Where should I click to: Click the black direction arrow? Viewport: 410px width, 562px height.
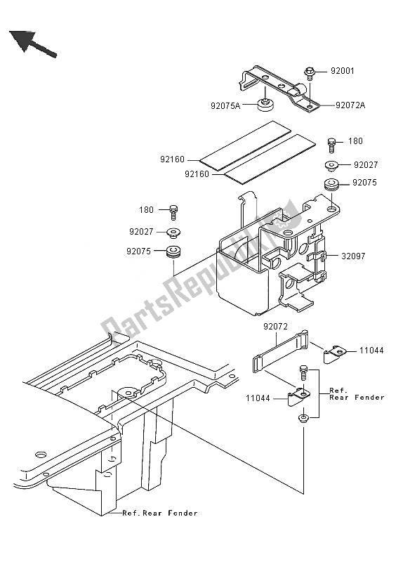click(31, 41)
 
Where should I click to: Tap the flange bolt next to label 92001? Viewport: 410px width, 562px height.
click(309, 71)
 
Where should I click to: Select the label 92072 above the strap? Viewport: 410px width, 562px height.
click(277, 327)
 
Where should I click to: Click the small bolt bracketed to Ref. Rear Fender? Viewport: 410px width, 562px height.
click(303, 370)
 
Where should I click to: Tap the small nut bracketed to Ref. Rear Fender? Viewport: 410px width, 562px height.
click(303, 419)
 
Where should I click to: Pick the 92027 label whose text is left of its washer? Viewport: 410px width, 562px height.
click(143, 230)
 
